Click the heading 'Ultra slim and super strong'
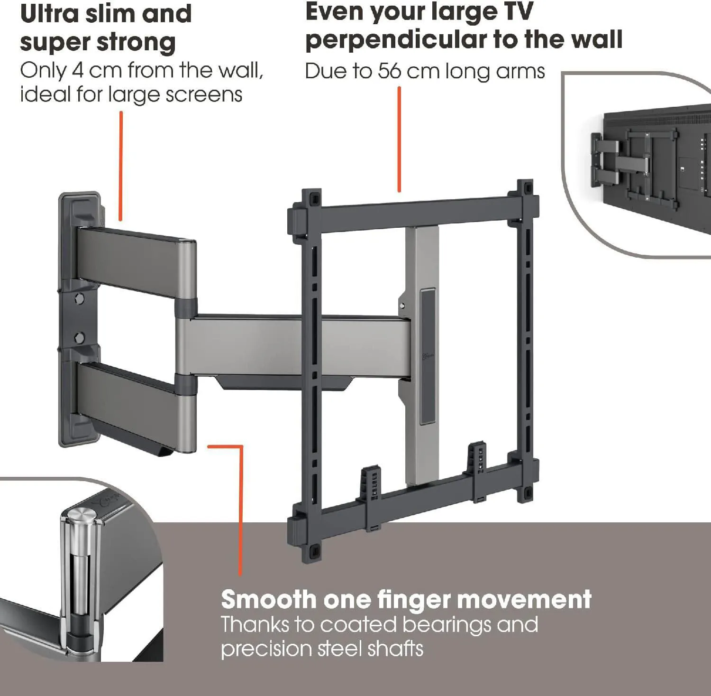(x=106, y=28)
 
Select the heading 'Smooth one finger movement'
(x=406, y=599)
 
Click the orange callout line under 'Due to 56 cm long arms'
(x=399, y=139)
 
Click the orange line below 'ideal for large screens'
(x=121, y=166)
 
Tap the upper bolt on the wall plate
(x=79, y=299)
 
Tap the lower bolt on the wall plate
(x=79, y=338)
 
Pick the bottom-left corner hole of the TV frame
(x=311, y=552)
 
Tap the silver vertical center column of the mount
(x=422, y=356)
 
